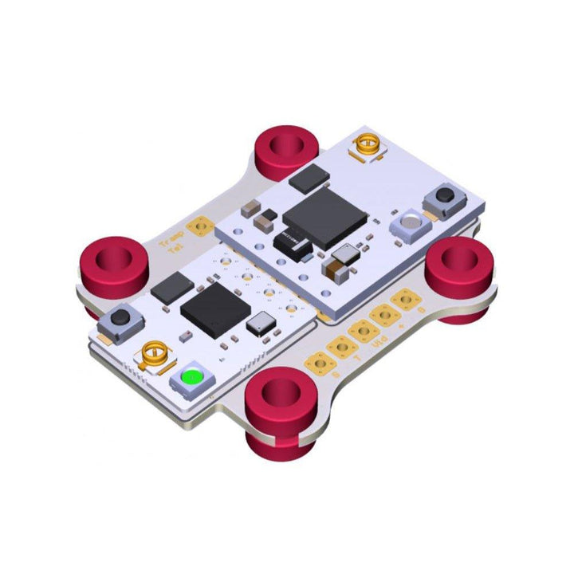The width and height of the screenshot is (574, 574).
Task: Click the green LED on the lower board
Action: point(191,377)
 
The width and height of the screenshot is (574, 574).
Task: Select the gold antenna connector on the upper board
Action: point(368,146)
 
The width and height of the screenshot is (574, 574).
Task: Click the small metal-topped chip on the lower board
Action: point(261,324)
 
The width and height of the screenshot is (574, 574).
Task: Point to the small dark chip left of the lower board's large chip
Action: point(171,288)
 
